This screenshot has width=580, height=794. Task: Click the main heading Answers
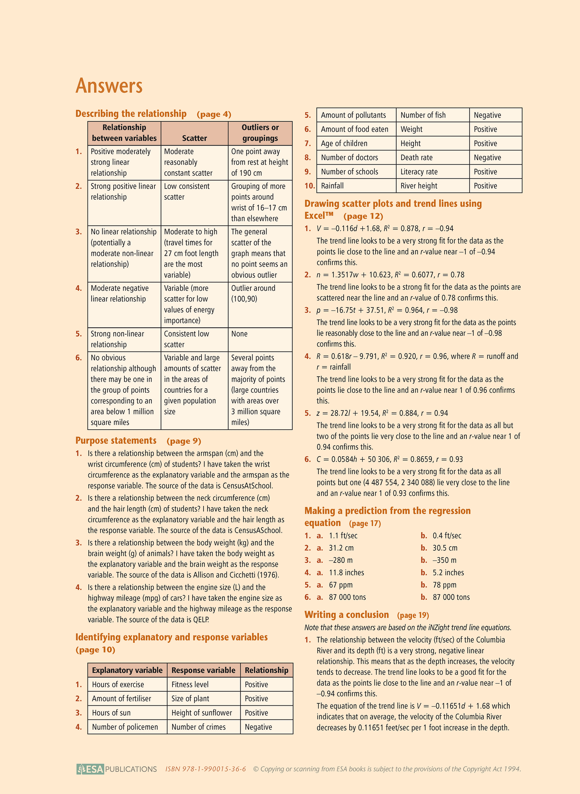[109, 85]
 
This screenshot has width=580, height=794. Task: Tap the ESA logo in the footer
[90, 769]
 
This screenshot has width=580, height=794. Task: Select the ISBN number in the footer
[206, 769]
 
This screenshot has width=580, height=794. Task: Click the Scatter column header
[194, 138]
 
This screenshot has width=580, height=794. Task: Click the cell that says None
[239, 334]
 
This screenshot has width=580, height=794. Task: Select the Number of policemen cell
[125, 727]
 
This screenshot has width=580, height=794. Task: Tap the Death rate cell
[417, 158]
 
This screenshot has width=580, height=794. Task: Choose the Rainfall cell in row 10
[332, 186]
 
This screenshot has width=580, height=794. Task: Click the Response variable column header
[203, 670]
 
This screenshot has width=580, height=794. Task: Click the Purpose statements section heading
[116, 441]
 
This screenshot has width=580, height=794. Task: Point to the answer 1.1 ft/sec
[343, 536]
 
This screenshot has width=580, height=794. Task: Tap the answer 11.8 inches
[346, 573]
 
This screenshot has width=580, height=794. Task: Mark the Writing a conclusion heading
[346, 615]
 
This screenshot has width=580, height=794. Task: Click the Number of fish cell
[423, 115]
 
